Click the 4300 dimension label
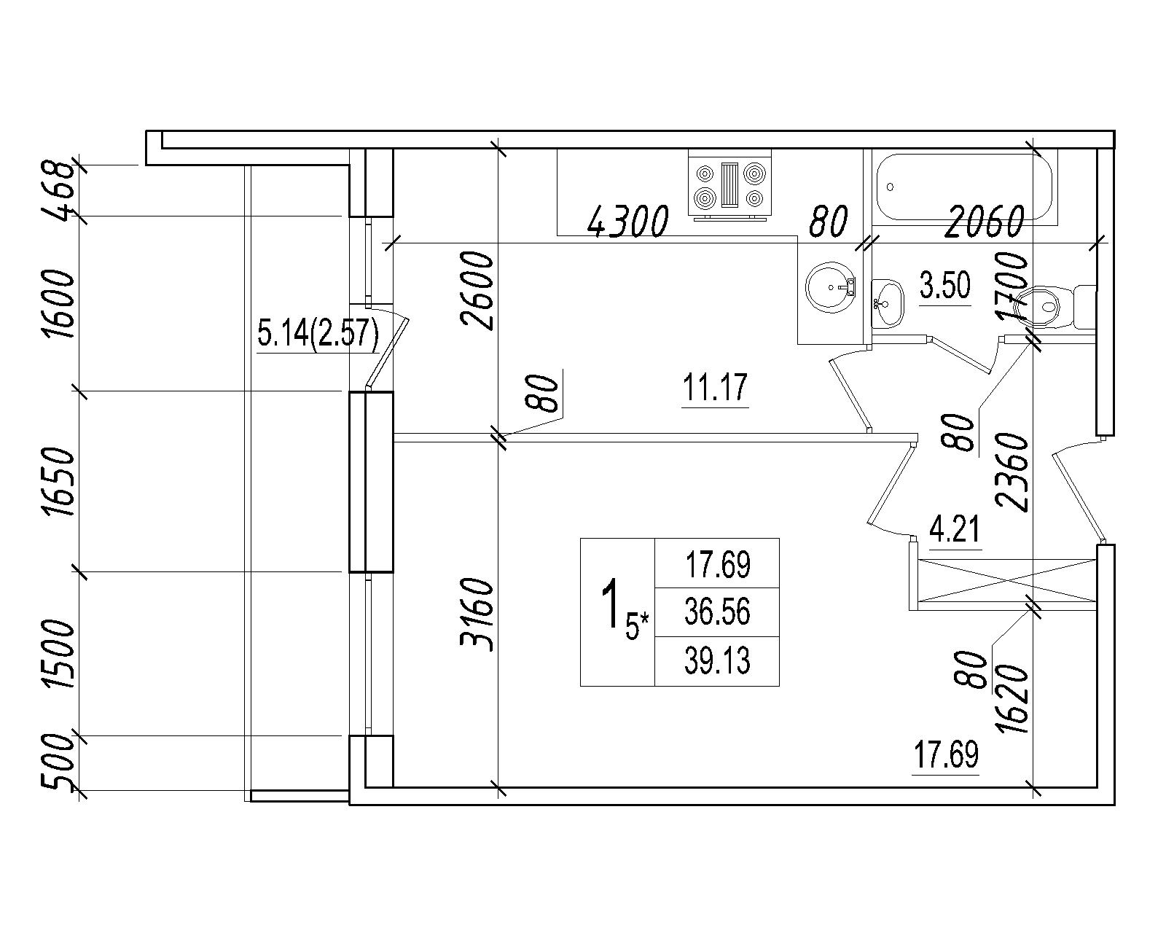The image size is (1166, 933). coord(628,222)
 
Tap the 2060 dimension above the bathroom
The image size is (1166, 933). coord(984,221)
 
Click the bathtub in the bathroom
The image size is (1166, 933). coord(964,187)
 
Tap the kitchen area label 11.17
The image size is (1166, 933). coord(715,386)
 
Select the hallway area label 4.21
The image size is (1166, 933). coord(955,529)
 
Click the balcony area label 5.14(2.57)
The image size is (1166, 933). coord(318,333)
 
